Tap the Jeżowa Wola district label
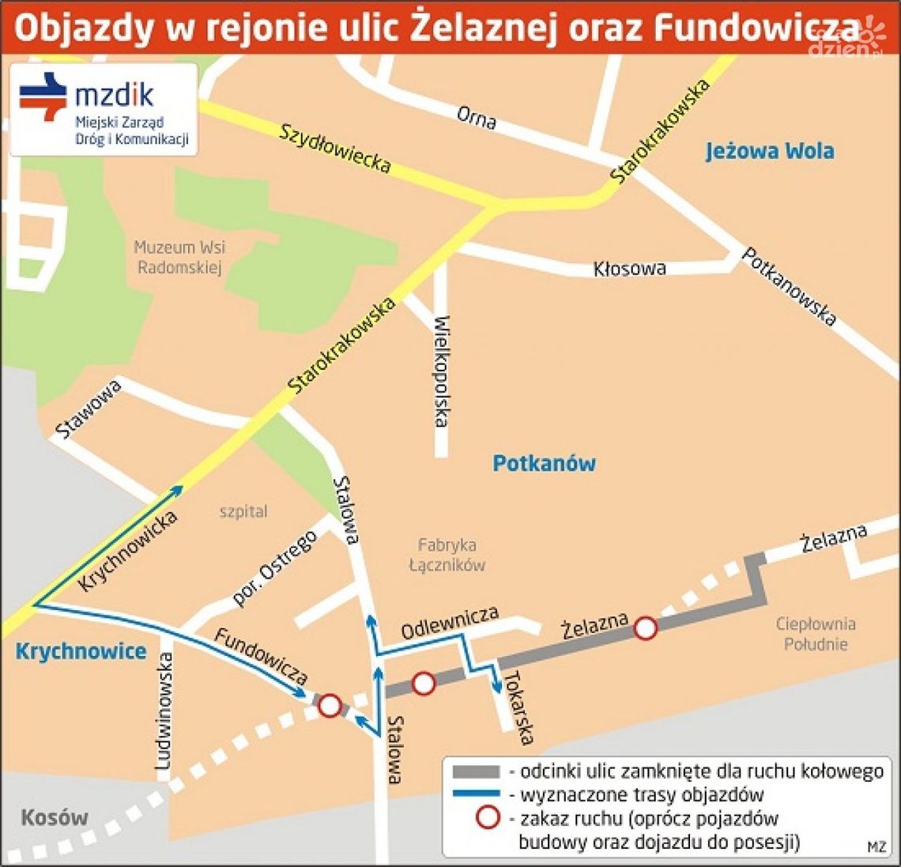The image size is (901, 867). (x=769, y=150)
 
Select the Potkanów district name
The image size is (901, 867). (x=544, y=463)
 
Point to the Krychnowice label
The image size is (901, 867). (x=81, y=651)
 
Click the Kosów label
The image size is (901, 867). (x=55, y=817)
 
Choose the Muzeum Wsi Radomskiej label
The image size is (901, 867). (x=179, y=257)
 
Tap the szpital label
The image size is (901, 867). (x=243, y=511)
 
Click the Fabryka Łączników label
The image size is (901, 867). (x=447, y=554)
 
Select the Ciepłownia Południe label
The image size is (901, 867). (x=816, y=634)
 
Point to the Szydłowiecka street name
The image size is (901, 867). (x=335, y=148)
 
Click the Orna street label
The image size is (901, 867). (x=477, y=118)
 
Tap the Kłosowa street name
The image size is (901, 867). (x=629, y=269)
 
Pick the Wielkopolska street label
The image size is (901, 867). (x=441, y=371)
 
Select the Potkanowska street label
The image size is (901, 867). (x=788, y=286)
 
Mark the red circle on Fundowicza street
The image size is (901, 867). (x=330, y=705)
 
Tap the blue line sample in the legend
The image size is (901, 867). (x=475, y=793)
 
